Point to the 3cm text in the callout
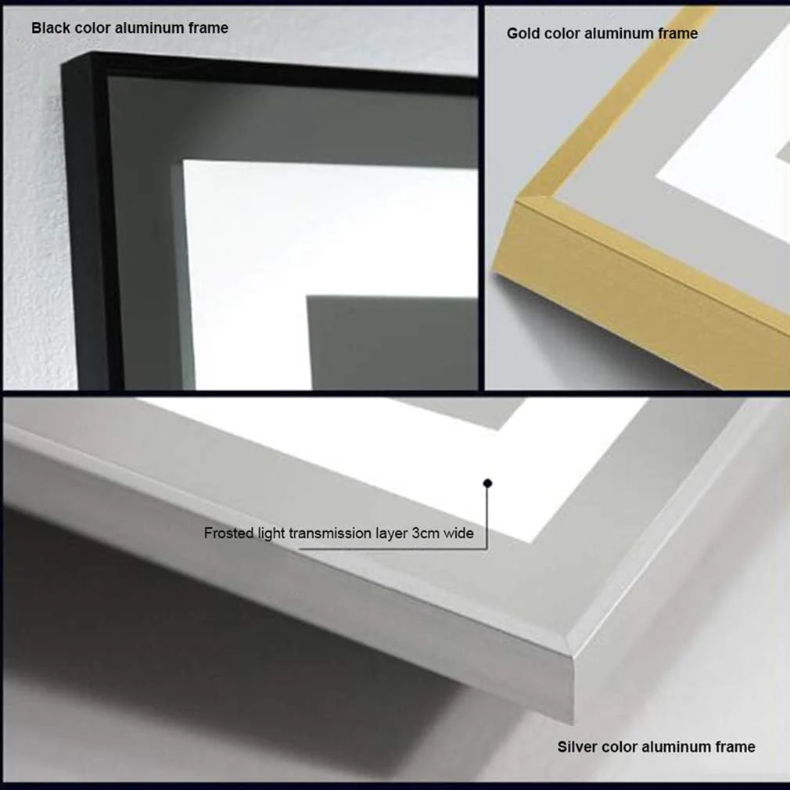coord(426,533)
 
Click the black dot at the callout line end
coord(487,483)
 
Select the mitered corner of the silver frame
coord(573,655)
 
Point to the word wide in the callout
coord(458,533)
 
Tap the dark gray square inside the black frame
coord(392,343)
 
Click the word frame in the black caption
coord(209,27)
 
